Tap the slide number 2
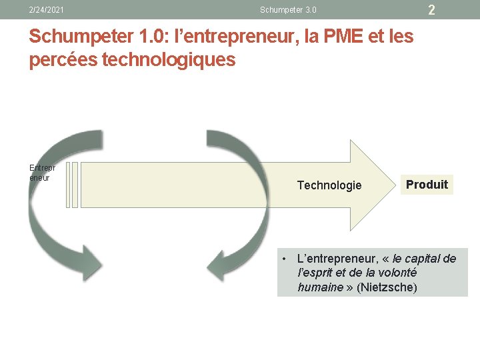pyautogui.click(x=431, y=10)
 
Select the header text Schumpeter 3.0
pyautogui.click(x=288, y=10)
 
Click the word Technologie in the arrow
pyautogui.click(x=329, y=185)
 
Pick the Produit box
pyautogui.click(x=427, y=185)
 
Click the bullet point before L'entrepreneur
pyautogui.click(x=284, y=259)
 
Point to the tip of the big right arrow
pyautogui.click(x=392, y=185)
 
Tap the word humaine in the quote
pyautogui.click(x=319, y=287)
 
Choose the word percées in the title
pyautogui.click(x=59, y=60)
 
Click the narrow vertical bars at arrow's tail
pyautogui.click(x=73, y=185)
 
